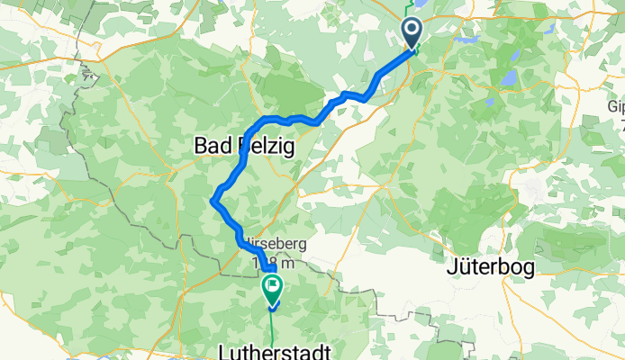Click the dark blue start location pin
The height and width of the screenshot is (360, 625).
[412, 33]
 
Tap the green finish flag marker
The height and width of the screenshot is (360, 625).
[271, 290]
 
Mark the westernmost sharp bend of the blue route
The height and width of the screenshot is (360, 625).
[213, 200]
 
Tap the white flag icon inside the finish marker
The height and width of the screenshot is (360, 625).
[271, 286]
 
